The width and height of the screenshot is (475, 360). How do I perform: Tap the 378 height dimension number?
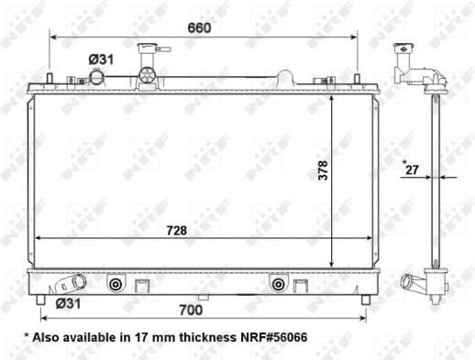click(x=323, y=169)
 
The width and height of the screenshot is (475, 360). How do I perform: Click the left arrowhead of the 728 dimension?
click(x=37, y=239)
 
